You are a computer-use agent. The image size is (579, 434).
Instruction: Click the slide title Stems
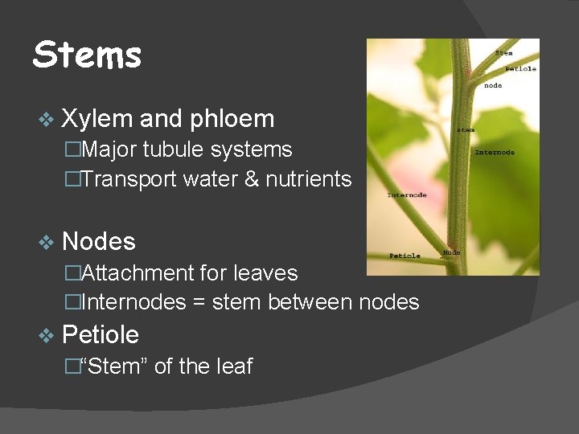87,55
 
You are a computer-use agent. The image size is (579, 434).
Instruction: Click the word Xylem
96,119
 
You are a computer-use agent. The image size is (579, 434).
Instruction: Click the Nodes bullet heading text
98,241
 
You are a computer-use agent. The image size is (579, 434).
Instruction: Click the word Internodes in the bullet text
136,303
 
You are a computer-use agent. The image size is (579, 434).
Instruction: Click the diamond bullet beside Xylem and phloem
46,120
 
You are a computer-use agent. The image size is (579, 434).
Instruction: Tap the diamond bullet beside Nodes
46,242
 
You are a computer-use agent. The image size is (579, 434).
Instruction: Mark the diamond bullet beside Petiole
46,335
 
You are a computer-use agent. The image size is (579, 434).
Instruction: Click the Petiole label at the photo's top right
520,69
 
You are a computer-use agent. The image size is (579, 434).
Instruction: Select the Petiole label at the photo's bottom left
404,256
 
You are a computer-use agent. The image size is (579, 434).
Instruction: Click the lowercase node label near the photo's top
493,85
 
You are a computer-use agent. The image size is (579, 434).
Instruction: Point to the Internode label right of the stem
495,152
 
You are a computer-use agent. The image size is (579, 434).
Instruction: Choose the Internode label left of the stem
407,194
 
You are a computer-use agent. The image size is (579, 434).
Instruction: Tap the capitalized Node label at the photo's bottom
452,252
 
